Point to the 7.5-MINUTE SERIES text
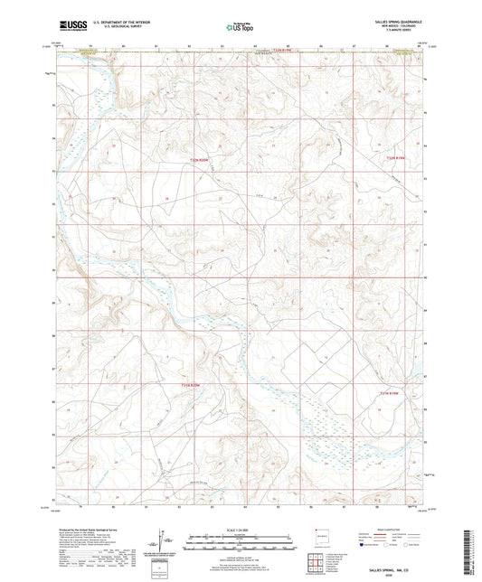[x=399, y=33]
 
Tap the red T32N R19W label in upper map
[x=388, y=159]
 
